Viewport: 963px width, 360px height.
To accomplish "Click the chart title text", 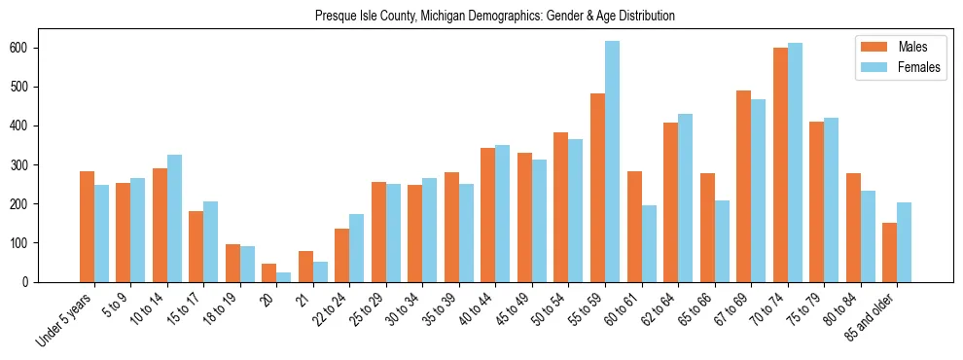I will click(494, 17).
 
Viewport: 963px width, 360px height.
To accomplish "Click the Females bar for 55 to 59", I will click(612, 162).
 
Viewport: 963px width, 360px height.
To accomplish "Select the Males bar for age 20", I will click(269, 272).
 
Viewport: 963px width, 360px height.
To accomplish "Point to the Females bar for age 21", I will click(320, 271).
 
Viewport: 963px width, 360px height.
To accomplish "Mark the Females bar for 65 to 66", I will click(722, 241).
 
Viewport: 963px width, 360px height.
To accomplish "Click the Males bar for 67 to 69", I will click(743, 186).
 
